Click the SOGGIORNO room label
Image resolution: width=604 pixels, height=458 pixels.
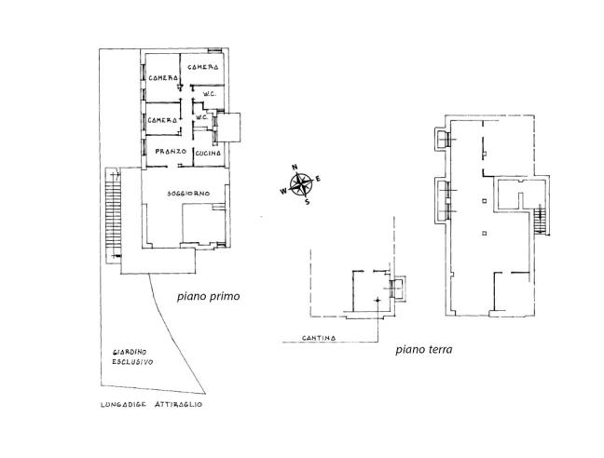[x=188, y=193]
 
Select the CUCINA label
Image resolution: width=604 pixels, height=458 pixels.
[x=208, y=151]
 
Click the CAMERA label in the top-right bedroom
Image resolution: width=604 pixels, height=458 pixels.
[x=203, y=68]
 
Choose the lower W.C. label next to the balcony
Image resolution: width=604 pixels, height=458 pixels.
[x=200, y=117]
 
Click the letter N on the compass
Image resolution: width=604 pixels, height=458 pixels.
[x=295, y=168]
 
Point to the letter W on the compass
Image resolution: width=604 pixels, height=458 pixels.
[x=283, y=191]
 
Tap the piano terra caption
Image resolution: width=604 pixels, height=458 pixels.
[x=424, y=350]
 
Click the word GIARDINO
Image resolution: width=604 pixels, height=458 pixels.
[x=131, y=351]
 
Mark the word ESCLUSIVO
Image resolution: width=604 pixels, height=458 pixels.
[x=133, y=362]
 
